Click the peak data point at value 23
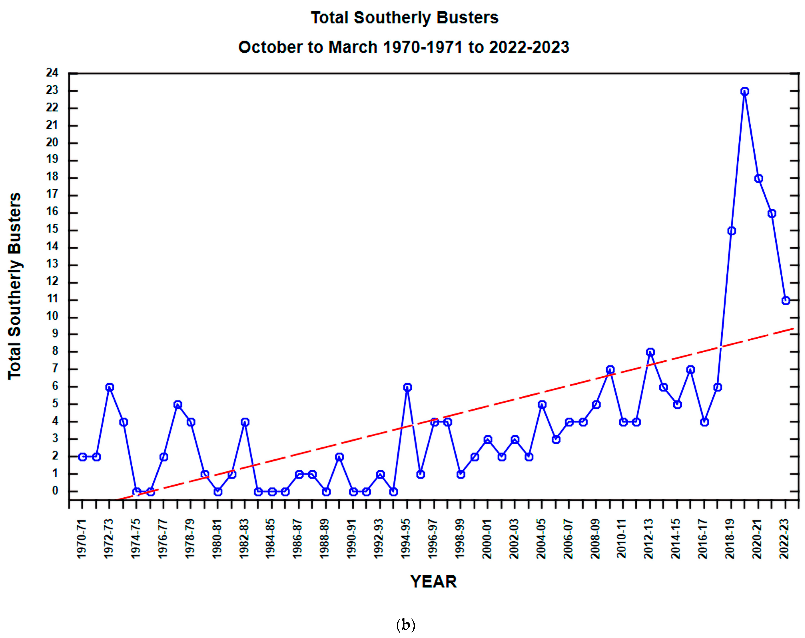point(744,91)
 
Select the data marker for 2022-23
point(785,300)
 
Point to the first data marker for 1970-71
point(83,457)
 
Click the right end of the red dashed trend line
point(792,329)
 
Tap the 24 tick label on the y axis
point(52,73)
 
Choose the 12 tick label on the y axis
point(52,282)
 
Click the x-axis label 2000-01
point(487,538)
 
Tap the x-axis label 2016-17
point(703,538)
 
